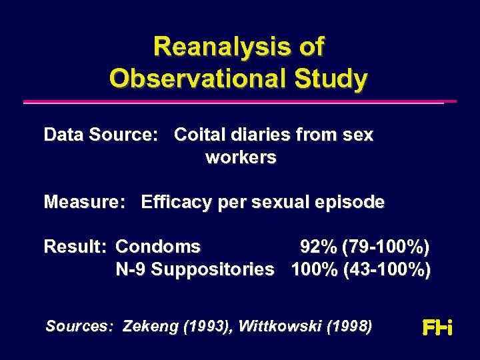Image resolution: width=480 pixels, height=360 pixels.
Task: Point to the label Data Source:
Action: point(101,135)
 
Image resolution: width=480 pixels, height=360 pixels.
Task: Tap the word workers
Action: point(241,158)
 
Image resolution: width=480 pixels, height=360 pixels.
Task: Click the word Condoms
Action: point(158,247)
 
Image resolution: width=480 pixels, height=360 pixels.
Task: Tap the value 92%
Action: point(318,247)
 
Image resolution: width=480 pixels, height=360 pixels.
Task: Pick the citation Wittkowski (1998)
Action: point(305,327)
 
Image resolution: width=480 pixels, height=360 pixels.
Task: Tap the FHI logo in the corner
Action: point(437,327)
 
